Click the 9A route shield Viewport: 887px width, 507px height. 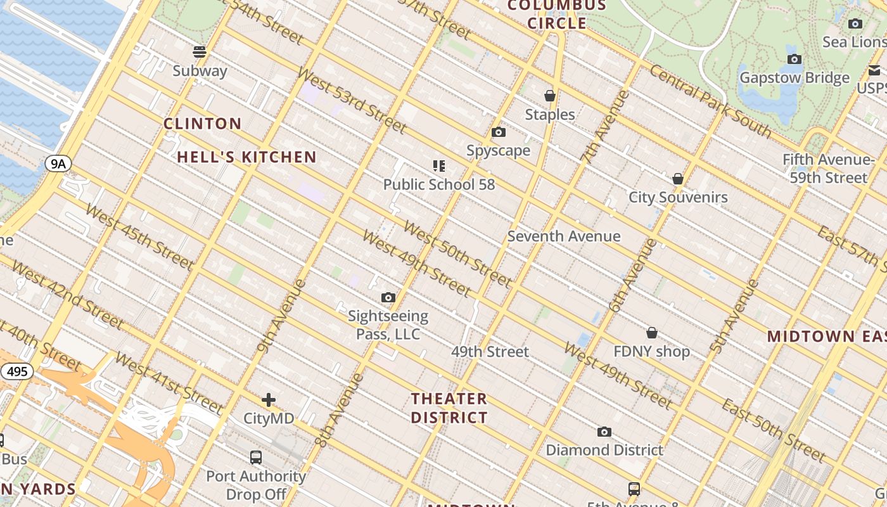58,164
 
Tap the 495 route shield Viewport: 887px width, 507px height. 17,371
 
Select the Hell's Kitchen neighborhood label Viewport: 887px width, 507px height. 246,157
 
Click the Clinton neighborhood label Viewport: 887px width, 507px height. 203,124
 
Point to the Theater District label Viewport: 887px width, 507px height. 449,408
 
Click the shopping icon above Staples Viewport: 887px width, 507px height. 550,96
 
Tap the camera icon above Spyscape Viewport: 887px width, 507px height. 499,132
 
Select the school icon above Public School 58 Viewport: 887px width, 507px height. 439,166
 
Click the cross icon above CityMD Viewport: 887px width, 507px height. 269,400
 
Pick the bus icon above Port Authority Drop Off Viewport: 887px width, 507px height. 256,457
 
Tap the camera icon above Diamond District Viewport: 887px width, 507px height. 604,432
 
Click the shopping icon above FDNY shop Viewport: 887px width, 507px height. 651,333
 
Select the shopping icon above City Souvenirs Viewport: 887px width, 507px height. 678,179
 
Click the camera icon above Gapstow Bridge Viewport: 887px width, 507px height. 794,60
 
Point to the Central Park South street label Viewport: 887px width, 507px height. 710,101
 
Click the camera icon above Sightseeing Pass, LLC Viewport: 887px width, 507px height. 388,297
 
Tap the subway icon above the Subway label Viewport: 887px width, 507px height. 200,52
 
